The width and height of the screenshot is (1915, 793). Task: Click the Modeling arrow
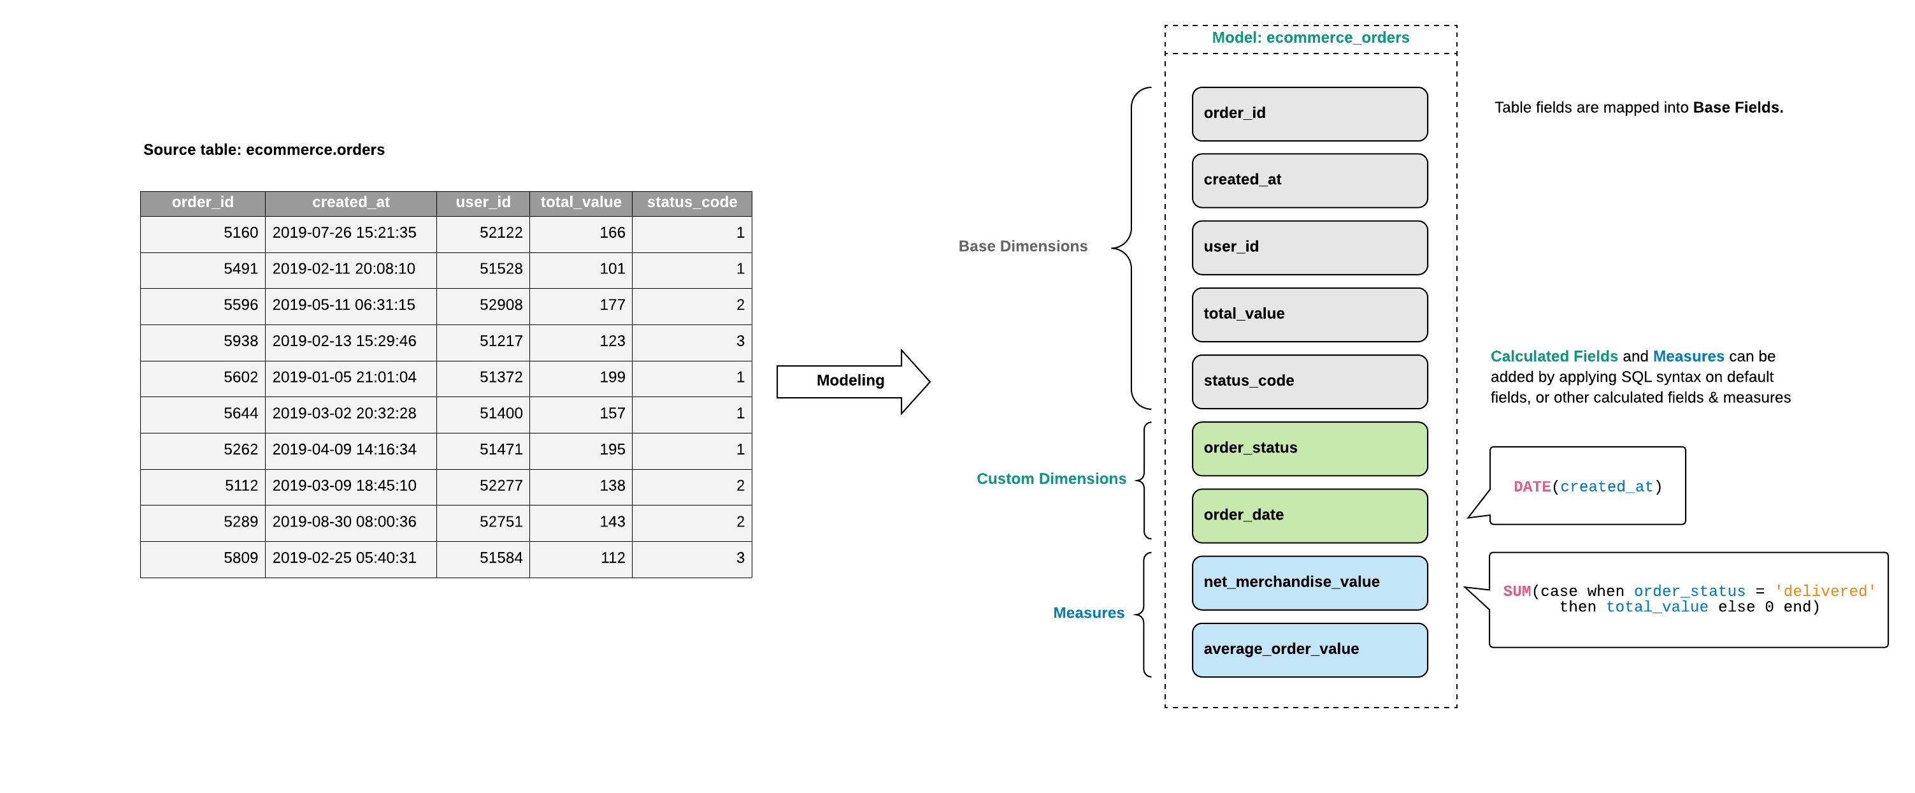coord(851,381)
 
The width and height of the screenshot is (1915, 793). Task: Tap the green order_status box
coord(1309,449)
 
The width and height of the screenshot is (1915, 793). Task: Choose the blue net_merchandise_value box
coord(1309,583)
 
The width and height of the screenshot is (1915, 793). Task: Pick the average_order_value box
coord(1309,650)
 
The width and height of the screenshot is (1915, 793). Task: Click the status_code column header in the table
coord(691,202)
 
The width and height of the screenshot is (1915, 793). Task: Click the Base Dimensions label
coord(1022,246)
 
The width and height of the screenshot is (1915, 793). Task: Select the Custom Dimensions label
coord(1051,479)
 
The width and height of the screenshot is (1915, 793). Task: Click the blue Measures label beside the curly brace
coord(1087,613)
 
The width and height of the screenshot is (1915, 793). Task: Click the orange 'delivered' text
coord(1825,592)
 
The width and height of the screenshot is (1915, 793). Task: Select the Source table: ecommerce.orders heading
coord(264,150)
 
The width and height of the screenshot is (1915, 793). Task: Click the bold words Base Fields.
coord(1737,108)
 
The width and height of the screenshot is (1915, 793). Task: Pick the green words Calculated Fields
coord(1553,356)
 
